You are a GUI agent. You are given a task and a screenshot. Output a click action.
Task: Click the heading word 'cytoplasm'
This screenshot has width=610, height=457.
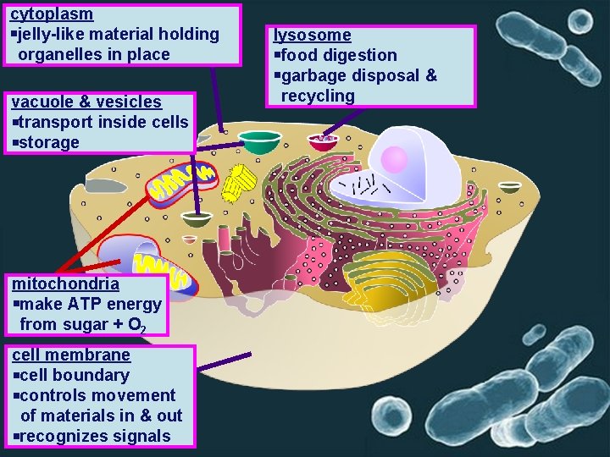[x=52, y=14]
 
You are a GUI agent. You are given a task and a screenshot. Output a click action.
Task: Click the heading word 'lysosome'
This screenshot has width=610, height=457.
[x=311, y=35]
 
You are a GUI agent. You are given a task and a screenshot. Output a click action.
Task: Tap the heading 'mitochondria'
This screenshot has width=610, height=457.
[x=65, y=284]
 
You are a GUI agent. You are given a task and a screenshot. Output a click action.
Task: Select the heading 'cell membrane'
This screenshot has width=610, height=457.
[x=71, y=355]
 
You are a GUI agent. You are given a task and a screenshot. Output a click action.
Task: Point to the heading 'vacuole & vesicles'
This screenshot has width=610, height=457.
[x=85, y=102]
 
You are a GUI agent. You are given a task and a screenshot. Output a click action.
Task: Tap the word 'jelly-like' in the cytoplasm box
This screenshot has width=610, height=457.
[x=55, y=35]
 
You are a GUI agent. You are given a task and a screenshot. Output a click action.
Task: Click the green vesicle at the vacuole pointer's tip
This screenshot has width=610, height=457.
[x=197, y=220]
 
